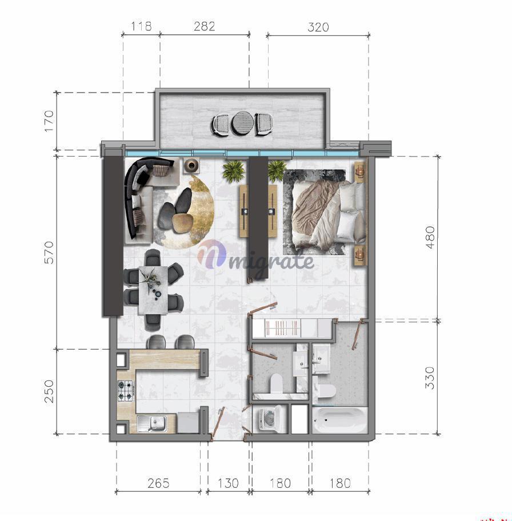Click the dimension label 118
click(141, 26)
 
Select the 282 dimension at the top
click(205, 26)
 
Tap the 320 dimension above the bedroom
click(318, 27)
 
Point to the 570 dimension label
click(49, 253)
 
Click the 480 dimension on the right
click(430, 237)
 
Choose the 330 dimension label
click(430, 378)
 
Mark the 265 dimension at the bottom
click(159, 483)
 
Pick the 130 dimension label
click(228, 483)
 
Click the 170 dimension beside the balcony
click(49, 121)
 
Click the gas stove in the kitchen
click(126, 390)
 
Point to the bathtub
click(339, 420)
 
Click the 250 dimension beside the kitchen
click(49, 391)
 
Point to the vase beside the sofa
click(191, 165)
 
